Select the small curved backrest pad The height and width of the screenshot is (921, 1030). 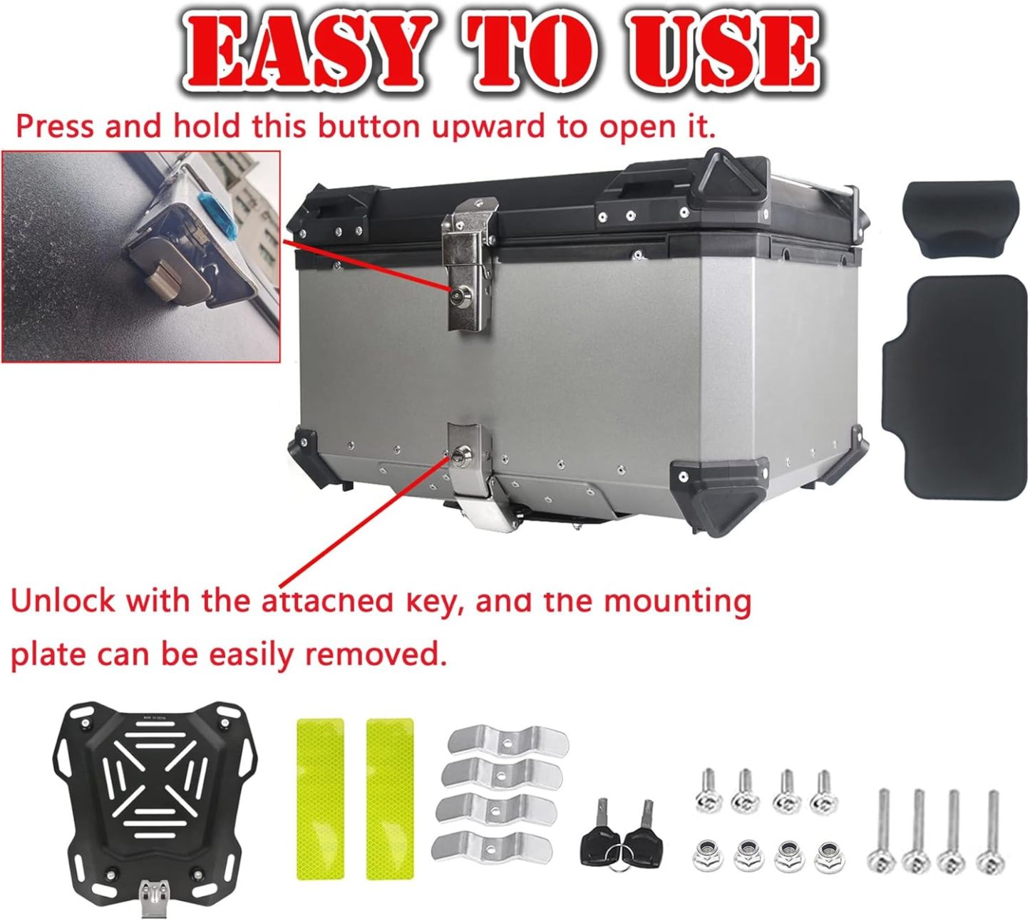coord(960,220)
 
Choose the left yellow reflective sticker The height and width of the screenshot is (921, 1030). coord(320,798)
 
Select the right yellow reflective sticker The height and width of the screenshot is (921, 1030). coord(389,798)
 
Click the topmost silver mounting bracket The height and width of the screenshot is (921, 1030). coord(508,743)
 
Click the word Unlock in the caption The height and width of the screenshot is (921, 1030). coord(63,601)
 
